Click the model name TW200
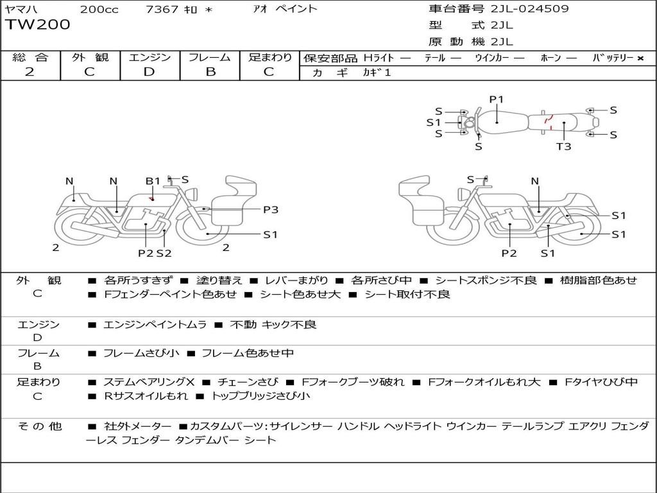click(38, 25)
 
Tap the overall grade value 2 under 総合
click(30, 72)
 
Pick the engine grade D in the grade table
click(149, 72)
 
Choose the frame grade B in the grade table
click(210, 72)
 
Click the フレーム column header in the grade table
click(210, 57)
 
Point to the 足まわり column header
click(270, 57)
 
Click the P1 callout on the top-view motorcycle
click(497, 99)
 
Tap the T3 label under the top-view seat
click(563, 146)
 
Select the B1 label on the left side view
click(153, 181)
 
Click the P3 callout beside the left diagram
click(271, 209)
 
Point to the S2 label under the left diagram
click(164, 253)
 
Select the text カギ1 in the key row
click(377, 73)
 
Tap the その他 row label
click(39, 426)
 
